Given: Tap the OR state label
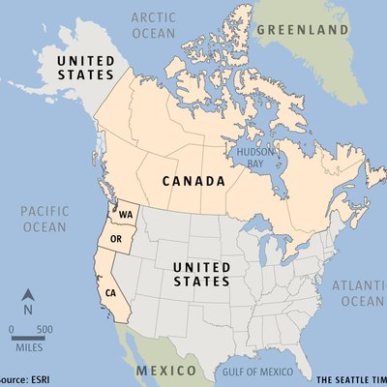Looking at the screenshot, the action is [117, 239].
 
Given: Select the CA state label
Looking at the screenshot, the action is [111, 292].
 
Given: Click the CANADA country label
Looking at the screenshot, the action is [194, 181].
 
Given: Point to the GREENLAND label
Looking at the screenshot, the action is [303, 30].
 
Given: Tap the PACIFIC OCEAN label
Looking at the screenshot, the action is [43, 219].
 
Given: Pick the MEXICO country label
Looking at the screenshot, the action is [166, 371].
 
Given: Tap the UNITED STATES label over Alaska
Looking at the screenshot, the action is [85, 68].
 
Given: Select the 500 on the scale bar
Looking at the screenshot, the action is [45, 330].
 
